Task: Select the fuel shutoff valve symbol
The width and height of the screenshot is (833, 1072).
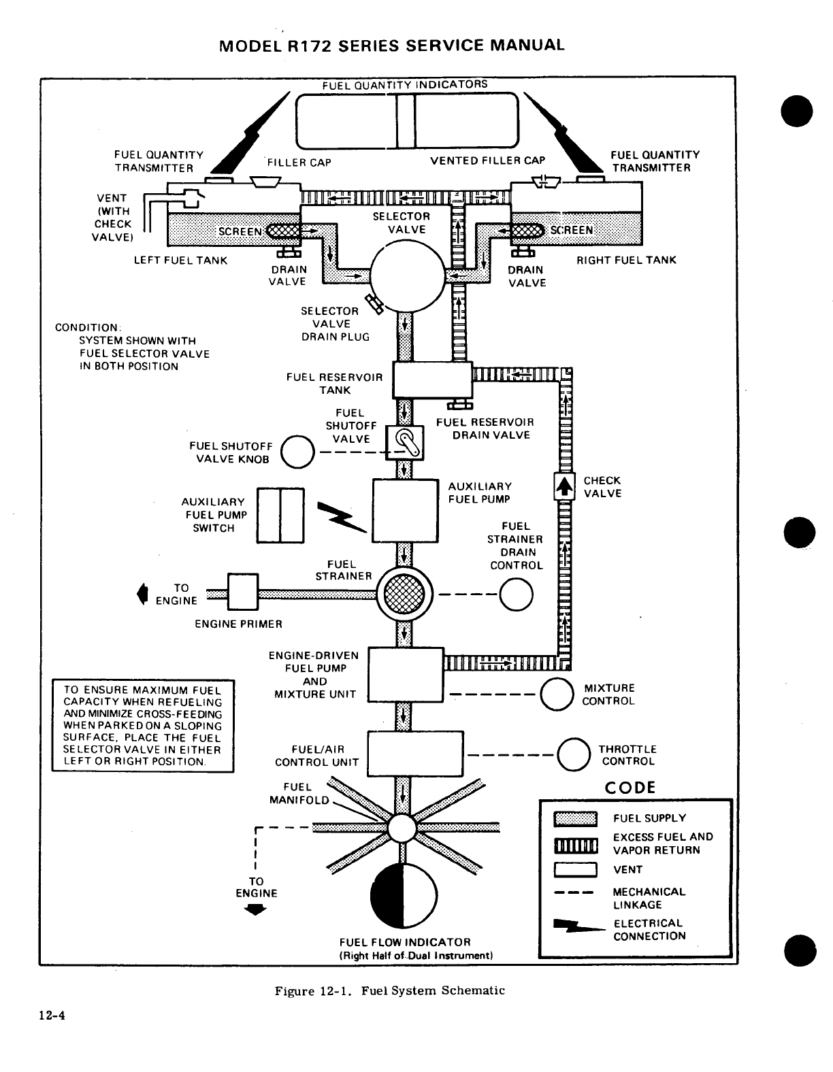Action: (x=404, y=443)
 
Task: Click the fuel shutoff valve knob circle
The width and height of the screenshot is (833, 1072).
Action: (x=297, y=452)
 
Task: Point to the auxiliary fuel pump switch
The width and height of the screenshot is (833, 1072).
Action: (x=280, y=516)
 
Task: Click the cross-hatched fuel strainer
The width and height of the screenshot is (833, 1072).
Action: (x=404, y=594)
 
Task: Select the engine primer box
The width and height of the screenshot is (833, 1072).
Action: (x=243, y=592)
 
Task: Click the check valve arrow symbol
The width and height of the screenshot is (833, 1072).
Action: (x=565, y=486)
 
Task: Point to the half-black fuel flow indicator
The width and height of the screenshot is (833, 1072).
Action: (x=404, y=895)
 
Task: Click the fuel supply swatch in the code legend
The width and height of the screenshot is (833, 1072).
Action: (x=575, y=819)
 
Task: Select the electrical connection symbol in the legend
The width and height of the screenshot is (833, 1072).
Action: (x=579, y=926)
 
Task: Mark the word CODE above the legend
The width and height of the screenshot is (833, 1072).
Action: (x=630, y=788)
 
